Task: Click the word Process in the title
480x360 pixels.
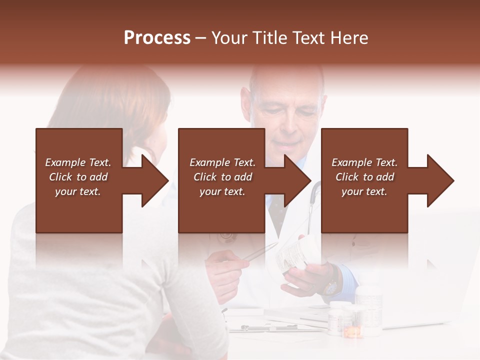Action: coord(157,38)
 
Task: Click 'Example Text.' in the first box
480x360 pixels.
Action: coord(78,162)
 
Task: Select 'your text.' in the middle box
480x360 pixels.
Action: coord(222,191)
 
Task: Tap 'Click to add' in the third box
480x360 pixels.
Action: coord(364,177)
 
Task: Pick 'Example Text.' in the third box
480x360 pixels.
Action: coord(364,162)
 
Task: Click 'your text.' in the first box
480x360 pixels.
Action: coord(78,191)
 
